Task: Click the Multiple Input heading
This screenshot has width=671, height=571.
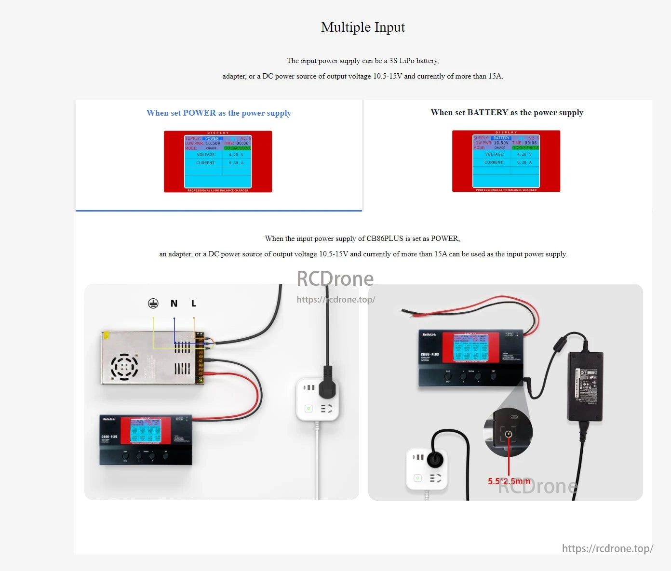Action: click(x=362, y=27)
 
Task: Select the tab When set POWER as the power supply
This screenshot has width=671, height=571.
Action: click(x=218, y=113)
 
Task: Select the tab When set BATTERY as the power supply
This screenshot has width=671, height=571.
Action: click(x=507, y=113)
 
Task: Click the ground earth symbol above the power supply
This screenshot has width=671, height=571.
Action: click(x=153, y=304)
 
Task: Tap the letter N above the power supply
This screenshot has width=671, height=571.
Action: click(x=174, y=304)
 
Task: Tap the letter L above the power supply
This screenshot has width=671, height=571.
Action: click(x=194, y=304)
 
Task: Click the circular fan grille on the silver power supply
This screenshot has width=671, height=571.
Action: click(x=124, y=367)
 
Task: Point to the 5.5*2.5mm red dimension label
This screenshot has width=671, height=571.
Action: click(x=509, y=481)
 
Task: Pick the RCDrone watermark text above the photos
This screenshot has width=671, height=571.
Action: click(x=335, y=279)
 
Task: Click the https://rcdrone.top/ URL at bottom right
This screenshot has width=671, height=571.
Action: click(x=607, y=548)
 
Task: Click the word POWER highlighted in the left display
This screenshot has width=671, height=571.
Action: click(x=212, y=139)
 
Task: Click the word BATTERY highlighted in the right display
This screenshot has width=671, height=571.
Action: click(x=501, y=138)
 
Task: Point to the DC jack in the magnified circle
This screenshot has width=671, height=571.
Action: click(x=508, y=434)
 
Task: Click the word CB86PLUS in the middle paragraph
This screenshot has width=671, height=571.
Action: click(x=385, y=239)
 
